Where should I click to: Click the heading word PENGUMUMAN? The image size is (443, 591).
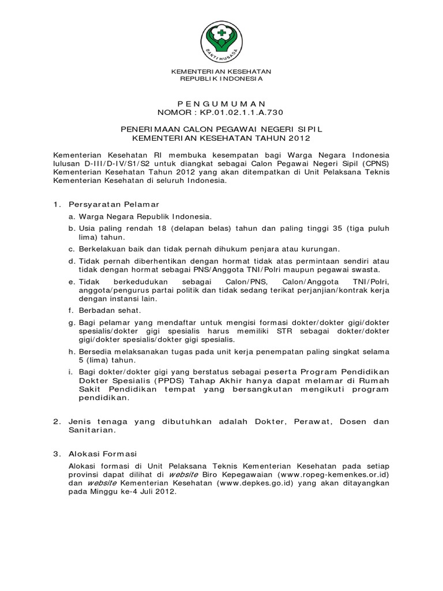pyautogui.click(x=221, y=102)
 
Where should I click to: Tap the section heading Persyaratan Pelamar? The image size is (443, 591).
pyautogui.click(x=114, y=204)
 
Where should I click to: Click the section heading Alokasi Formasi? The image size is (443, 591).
pyautogui.click(x=103, y=454)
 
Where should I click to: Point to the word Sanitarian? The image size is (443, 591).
pyautogui.click(x=92, y=430)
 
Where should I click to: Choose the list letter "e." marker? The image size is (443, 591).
pyautogui.click(x=72, y=281)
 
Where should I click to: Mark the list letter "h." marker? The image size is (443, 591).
pyautogui.click(x=72, y=351)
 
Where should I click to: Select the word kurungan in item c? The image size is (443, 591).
pyautogui.click(x=319, y=249)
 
